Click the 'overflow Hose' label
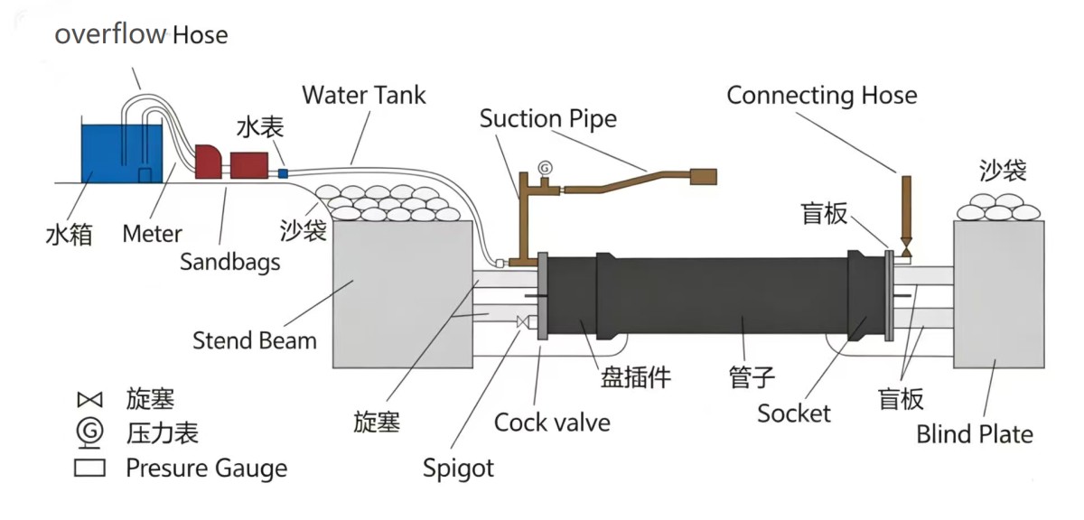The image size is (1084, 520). click(141, 35)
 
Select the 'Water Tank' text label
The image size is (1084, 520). click(364, 95)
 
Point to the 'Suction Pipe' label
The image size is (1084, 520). click(548, 118)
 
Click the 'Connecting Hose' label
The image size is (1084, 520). click(821, 96)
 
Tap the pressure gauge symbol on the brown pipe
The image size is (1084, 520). click(545, 169)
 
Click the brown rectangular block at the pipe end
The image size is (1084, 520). click(703, 177)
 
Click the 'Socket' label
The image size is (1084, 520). click(794, 413)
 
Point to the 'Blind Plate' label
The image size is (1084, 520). click(975, 434)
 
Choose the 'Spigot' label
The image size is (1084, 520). click(459, 469)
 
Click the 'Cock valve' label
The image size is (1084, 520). click(552, 422)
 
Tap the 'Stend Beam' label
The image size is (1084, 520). click(255, 340)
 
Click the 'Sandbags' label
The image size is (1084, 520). click(229, 262)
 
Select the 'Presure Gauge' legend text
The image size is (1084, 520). click(206, 469)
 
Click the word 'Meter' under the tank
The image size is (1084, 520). click(153, 234)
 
